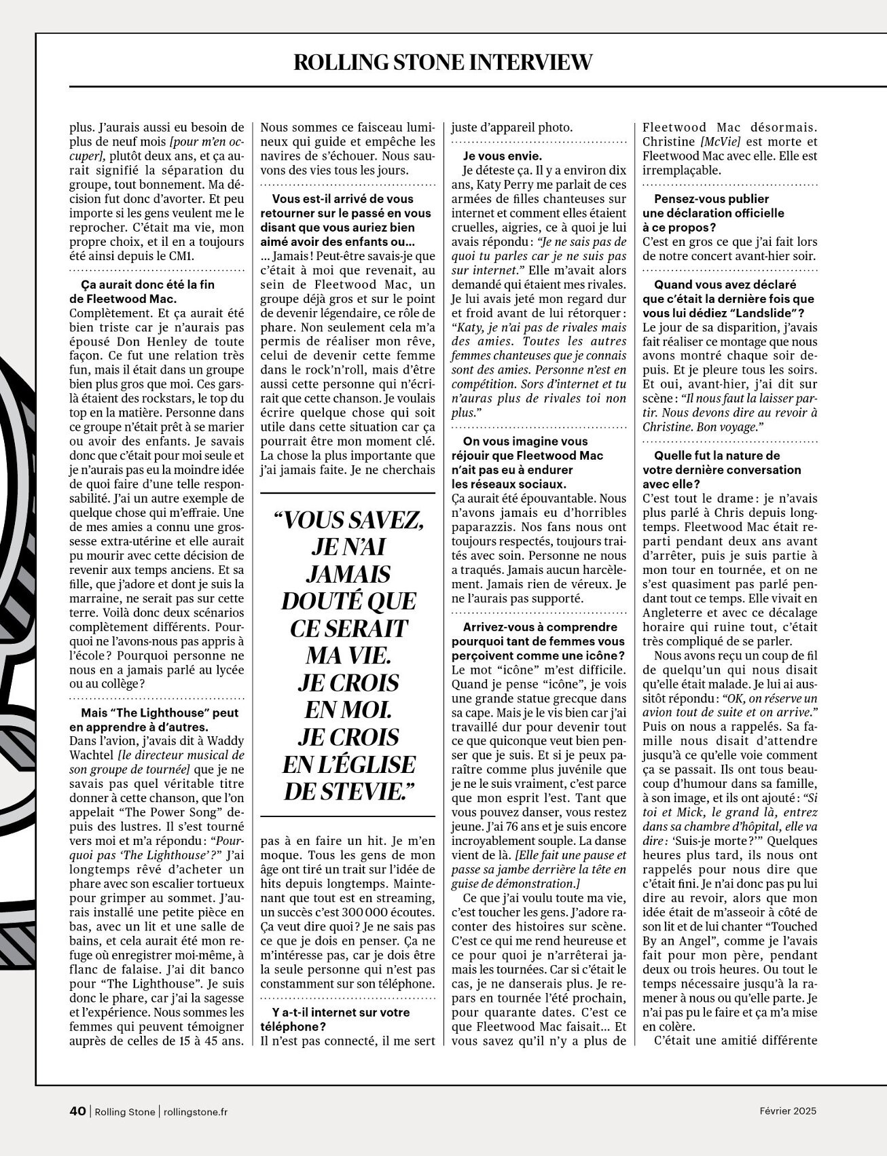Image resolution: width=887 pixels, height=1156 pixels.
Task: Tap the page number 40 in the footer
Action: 78,1111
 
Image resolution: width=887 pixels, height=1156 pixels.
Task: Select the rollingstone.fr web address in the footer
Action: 196,1112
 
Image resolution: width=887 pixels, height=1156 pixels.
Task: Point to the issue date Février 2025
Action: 788,1111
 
